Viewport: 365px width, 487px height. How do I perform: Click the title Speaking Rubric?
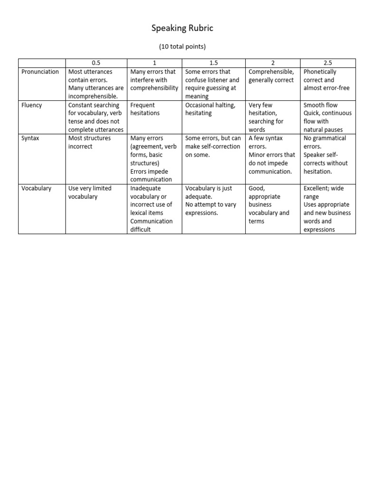(x=182, y=29)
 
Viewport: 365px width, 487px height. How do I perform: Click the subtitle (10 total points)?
(x=182, y=47)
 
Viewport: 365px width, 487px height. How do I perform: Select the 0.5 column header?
(x=96, y=63)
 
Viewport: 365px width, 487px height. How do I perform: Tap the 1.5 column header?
(x=213, y=63)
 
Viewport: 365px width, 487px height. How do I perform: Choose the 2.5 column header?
(x=327, y=63)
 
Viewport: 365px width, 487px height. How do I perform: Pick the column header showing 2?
(x=272, y=63)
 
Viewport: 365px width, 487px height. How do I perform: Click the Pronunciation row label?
(x=40, y=72)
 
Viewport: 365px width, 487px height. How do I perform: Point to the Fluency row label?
(x=32, y=105)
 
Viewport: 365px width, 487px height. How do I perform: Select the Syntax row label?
(x=31, y=138)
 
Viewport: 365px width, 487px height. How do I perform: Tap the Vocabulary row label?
(x=36, y=188)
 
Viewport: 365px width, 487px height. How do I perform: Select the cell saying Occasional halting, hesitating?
(x=210, y=109)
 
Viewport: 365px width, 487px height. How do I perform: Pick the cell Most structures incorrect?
(x=90, y=142)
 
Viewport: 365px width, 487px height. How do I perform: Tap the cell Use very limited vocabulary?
(x=90, y=192)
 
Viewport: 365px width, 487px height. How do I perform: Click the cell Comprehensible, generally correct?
(x=271, y=76)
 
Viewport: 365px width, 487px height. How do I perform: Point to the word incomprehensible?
(x=93, y=97)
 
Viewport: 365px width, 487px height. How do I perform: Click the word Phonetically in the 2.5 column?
(x=320, y=72)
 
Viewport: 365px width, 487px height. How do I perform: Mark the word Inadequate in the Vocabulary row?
(x=145, y=188)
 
